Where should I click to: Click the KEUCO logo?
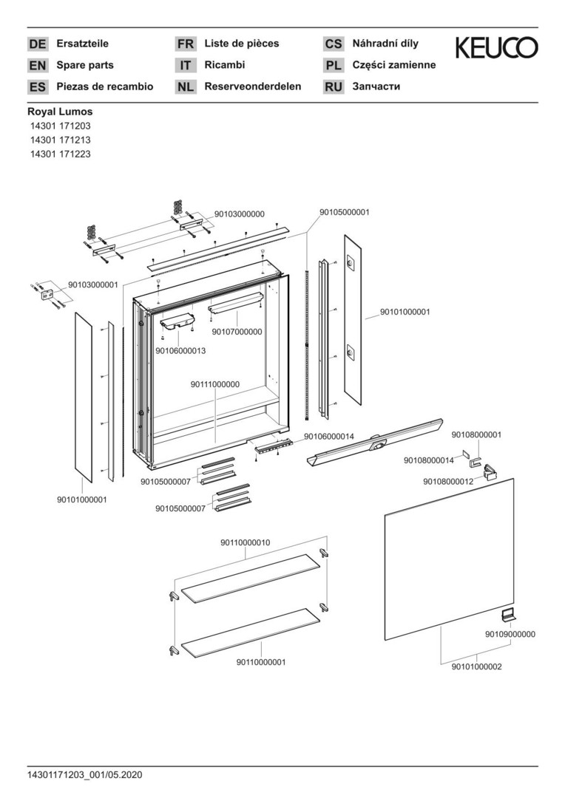(496, 48)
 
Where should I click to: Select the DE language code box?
(37, 44)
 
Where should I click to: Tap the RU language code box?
(334, 87)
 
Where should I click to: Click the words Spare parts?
(85, 65)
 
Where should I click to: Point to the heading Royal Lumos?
(60, 112)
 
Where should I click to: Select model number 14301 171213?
(60, 140)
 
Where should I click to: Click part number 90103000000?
(239, 214)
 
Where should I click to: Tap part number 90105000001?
(345, 211)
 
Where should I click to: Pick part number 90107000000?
(237, 332)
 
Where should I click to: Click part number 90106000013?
(180, 350)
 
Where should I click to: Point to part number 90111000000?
(214, 384)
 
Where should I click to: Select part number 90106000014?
(329, 437)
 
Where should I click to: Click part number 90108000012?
(448, 481)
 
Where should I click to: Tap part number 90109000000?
(510, 634)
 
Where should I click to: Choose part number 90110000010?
(245, 542)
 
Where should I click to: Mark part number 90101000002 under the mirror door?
(476, 666)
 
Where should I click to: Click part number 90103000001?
(93, 284)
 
